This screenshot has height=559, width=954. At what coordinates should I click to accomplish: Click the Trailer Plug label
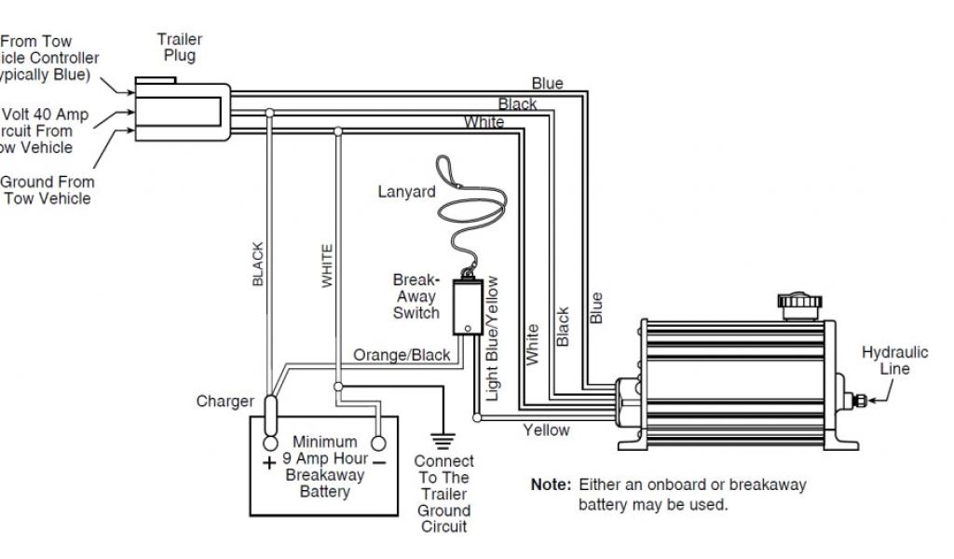coord(179,48)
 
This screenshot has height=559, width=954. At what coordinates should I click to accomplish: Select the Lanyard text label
coord(406,192)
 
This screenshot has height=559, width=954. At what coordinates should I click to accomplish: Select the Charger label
coord(225,402)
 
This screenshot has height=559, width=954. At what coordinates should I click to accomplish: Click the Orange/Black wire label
coord(402,355)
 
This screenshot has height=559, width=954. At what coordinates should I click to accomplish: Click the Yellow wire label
coord(546,430)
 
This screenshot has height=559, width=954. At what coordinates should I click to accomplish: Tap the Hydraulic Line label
coord(894,361)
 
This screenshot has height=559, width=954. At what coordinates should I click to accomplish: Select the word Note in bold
coord(549,485)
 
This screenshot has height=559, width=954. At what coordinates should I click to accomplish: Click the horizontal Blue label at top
coord(547,84)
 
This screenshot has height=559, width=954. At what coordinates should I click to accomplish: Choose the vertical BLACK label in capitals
coord(259,264)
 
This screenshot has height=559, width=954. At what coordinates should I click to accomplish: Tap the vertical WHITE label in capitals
coord(327,266)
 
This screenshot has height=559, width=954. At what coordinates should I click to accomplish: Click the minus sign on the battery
coord(380,460)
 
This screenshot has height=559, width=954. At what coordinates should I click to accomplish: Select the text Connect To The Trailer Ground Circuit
coord(443,494)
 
